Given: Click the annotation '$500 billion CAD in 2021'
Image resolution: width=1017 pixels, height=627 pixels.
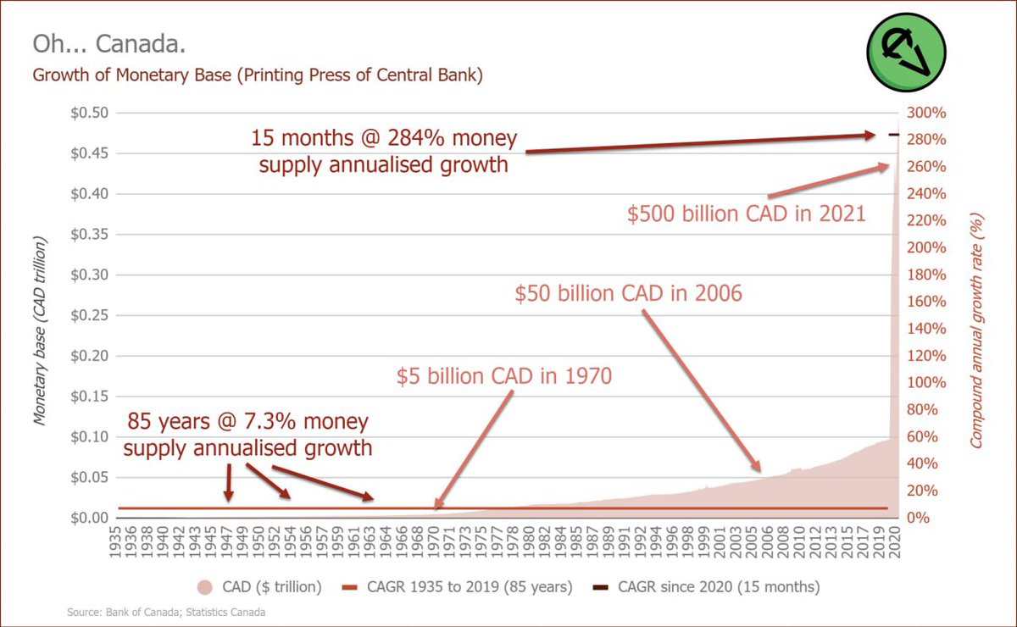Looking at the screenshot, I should coord(746,214).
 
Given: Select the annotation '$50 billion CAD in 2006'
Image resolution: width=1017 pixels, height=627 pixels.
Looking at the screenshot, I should coord(628,293).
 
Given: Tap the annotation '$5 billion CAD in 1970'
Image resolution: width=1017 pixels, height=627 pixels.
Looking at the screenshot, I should coord(503,375).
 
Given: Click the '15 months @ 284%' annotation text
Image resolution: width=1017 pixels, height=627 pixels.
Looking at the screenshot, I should coord(384,151).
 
